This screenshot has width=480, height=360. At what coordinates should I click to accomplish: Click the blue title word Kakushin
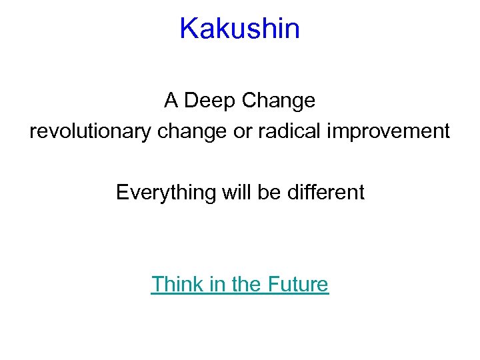pos(239,29)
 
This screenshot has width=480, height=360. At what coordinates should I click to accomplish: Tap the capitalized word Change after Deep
pos(279,101)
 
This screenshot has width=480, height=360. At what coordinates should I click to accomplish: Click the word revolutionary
pos(91,131)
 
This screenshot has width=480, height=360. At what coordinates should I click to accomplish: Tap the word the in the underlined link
pos(246,284)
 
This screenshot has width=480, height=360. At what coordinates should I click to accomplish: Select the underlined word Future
pos(298,284)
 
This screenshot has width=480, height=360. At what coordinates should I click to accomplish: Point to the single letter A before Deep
pos(171,101)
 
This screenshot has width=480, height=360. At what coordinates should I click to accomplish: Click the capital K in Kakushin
pos(189,29)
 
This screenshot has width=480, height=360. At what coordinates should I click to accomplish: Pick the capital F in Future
pos(273,284)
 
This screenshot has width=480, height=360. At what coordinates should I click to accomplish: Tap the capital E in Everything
pos(122,193)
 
